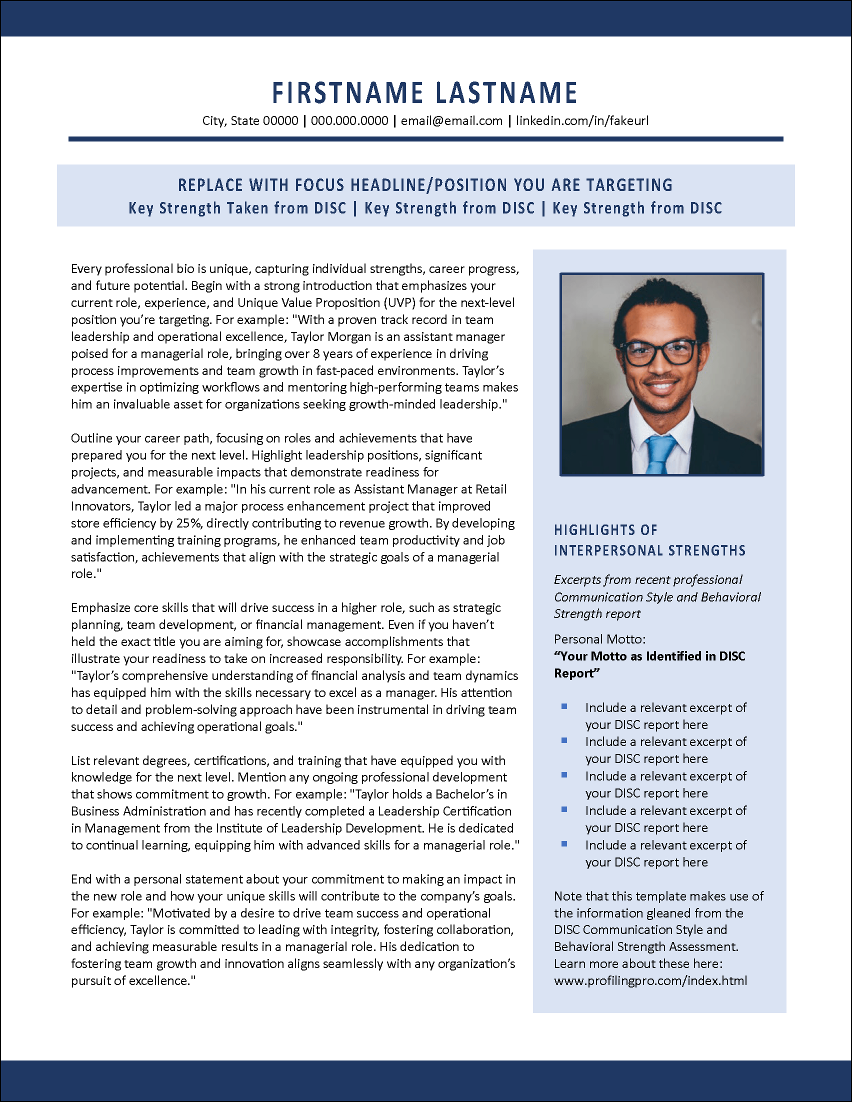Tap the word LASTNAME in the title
(x=506, y=93)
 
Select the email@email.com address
(x=451, y=121)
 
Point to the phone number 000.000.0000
(x=349, y=121)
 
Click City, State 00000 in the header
(x=250, y=121)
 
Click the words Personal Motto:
(x=600, y=639)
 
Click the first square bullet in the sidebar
(x=564, y=707)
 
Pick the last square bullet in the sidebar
(x=564, y=844)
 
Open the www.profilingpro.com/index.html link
(x=650, y=980)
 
